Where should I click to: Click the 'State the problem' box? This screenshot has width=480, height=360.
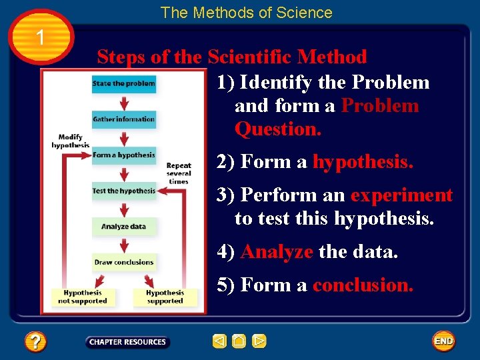123,83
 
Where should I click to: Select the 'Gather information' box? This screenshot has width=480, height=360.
123,119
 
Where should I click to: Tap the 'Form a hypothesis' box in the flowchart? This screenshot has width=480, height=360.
123,155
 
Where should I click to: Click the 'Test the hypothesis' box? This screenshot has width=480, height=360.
123,191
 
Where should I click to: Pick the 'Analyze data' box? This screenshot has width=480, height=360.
123,227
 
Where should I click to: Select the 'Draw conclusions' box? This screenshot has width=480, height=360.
124,262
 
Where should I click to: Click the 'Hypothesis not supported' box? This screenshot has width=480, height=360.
83,297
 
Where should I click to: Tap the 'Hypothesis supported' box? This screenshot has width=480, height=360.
165,297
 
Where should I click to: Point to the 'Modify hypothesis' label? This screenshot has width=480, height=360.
70,141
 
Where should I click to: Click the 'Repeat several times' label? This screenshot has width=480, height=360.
179,173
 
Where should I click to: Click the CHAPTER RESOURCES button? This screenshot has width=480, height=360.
127,342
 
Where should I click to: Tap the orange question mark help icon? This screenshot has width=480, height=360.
35,342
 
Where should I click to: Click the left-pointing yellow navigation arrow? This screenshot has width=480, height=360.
219,342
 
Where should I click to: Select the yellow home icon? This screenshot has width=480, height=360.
239,342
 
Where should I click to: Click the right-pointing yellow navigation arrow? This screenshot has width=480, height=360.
259,342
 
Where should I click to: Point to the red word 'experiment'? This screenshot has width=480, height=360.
401,195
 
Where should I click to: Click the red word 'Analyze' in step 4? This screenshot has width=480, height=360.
277,252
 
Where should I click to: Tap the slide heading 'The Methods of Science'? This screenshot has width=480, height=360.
246,13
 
